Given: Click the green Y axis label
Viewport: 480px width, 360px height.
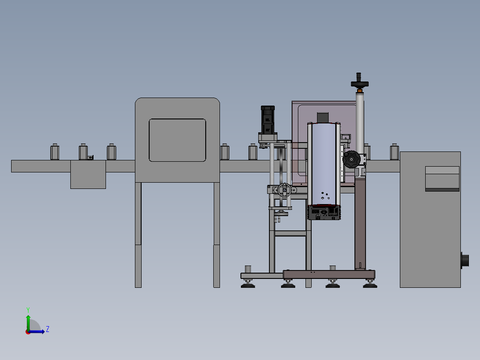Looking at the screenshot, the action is click(28, 310).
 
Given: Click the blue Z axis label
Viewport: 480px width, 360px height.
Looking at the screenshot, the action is click(48, 329).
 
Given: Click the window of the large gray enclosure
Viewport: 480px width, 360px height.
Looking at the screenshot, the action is click(177, 140).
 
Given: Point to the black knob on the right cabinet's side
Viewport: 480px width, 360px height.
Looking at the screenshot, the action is click(465, 261).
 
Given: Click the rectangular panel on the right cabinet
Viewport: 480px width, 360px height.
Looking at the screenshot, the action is click(442, 179).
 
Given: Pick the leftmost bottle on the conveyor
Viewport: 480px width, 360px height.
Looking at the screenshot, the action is click(55, 151).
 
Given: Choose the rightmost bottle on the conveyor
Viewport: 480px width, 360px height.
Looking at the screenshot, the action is click(395, 151).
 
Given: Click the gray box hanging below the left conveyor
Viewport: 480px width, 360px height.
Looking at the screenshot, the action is click(88, 174).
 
